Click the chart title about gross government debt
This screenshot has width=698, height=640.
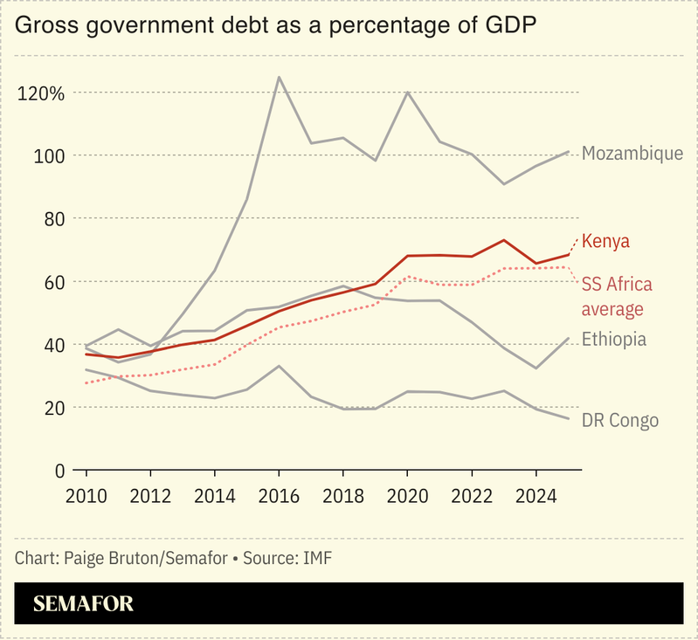click(275, 26)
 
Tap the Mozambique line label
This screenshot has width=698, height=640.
click(632, 154)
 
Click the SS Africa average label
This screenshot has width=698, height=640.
click(616, 297)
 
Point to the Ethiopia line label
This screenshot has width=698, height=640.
click(614, 340)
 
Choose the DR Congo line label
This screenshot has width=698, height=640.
click(619, 421)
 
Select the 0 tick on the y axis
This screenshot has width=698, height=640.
click(59, 471)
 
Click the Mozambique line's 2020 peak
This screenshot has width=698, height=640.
click(407, 92)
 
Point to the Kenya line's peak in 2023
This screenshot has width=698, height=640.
click(503, 240)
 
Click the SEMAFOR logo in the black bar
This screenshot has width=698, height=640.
click(83, 604)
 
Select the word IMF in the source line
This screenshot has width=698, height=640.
click(317, 557)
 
